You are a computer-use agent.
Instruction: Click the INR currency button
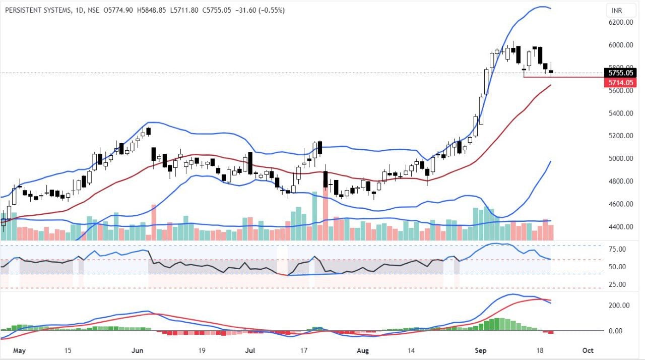[616, 11]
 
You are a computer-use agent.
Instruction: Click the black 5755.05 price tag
[620, 73]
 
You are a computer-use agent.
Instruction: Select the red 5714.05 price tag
[620, 82]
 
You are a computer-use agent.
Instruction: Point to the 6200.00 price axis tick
[621, 22]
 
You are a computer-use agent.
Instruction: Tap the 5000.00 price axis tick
[621, 158]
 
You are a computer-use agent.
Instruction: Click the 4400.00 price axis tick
[621, 227]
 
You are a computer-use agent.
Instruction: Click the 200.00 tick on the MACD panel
[619, 306]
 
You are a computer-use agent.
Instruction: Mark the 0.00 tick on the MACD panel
[622, 331]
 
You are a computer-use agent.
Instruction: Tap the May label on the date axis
[19, 350]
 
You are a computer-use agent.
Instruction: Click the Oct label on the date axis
[588, 350]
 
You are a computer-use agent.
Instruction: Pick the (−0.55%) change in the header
[272, 10]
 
